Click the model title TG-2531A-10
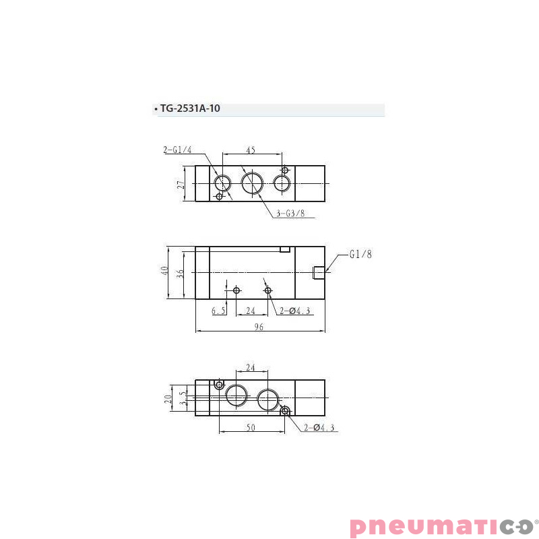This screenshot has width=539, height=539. pos(189,109)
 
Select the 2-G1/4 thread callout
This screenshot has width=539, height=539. pos(177,150)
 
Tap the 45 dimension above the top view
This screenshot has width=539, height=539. pos(250,151)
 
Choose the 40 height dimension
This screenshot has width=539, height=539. pos(164,272)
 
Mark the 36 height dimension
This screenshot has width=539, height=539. pos(180,273)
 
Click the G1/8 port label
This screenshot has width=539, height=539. pos(360,255)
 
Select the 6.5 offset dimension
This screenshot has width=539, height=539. pos(218,311)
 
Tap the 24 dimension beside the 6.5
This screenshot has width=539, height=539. pos(251,311)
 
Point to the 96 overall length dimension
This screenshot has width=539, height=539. pos(259,327)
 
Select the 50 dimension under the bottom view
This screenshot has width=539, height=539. pos(251,428)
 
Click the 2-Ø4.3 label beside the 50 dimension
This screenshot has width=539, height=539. pos(319,428)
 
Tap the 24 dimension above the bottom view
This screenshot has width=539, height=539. pos(251,368)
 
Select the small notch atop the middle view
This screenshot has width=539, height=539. pos(284,249)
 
